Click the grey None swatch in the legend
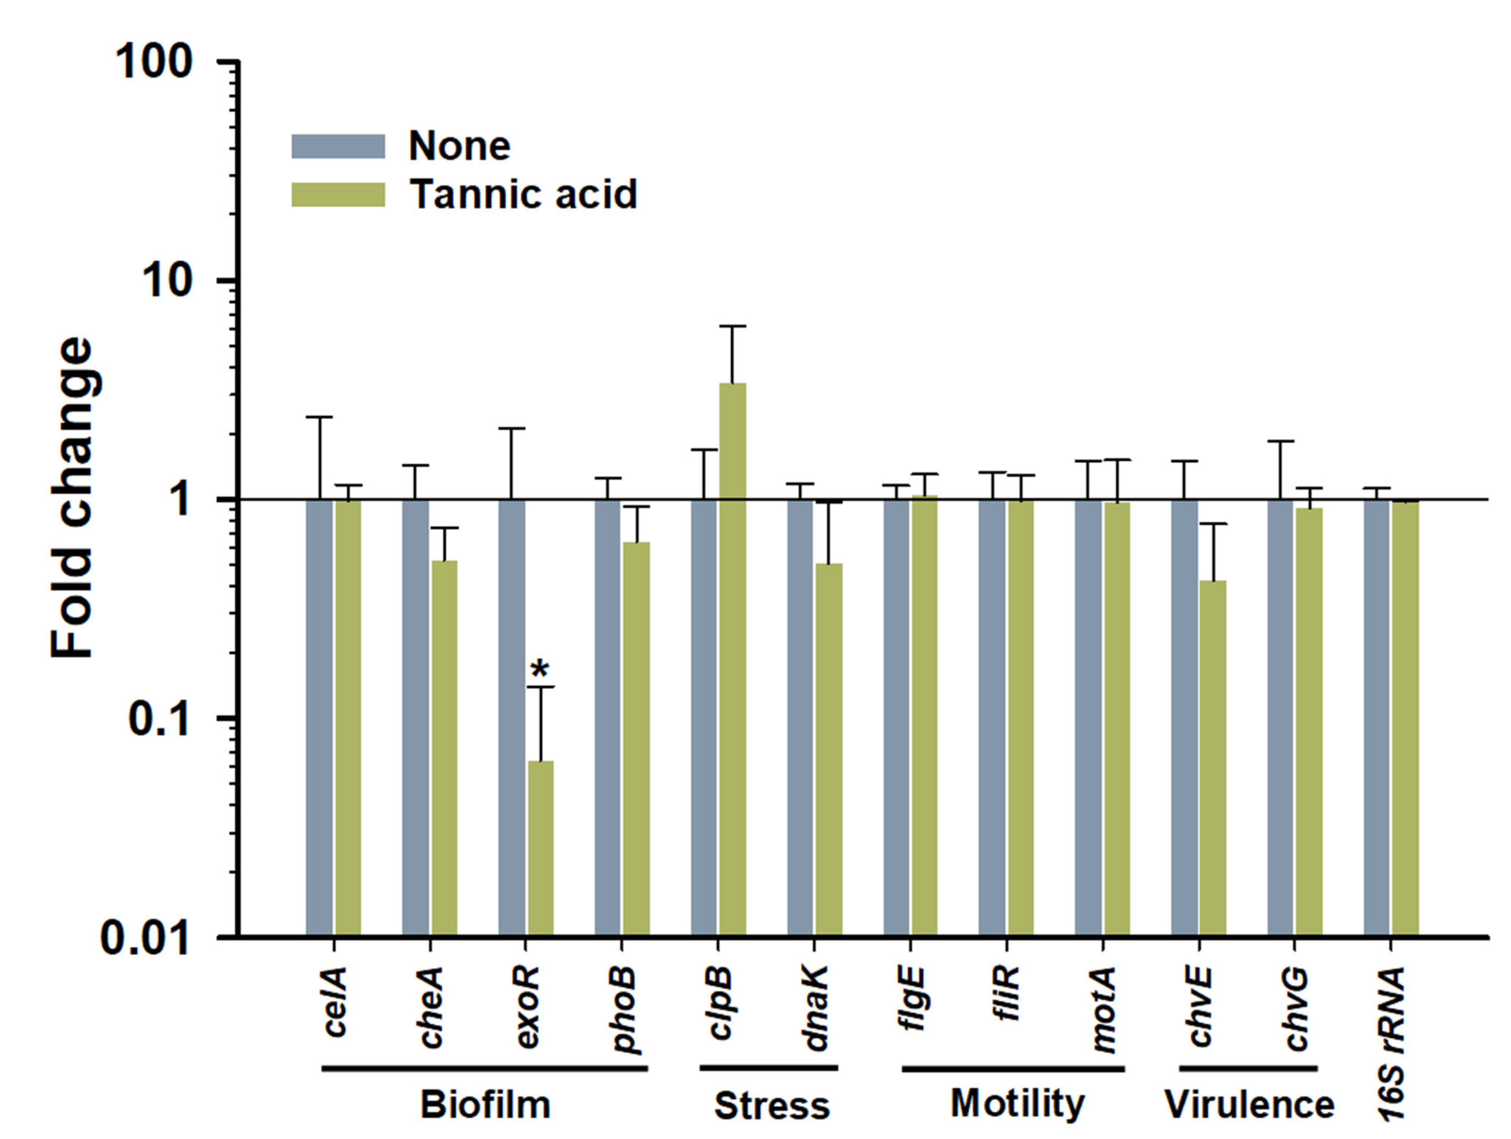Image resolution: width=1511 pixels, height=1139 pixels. pos(338,146)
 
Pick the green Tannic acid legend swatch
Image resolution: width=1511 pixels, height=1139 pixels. pos(338,194)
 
